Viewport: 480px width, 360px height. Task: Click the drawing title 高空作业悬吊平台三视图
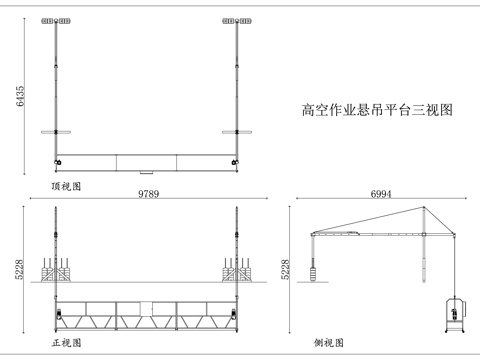(377, 111)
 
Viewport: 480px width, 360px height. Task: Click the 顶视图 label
(67, 186)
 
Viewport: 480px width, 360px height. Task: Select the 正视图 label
(67, 342)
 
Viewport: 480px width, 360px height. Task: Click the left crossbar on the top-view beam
(55, 130)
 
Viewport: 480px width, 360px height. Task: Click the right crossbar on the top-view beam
(237, 130)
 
